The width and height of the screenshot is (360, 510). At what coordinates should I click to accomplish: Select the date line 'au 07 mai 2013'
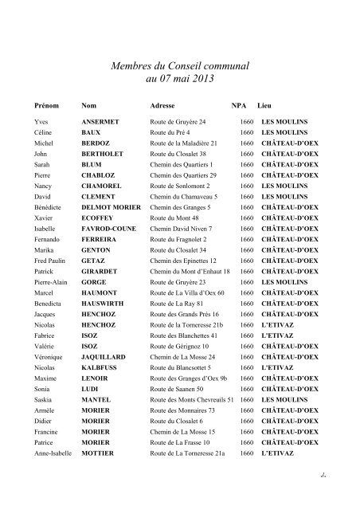tap(179, 80)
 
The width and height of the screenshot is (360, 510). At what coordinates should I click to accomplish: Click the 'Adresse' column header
tap(163, 105)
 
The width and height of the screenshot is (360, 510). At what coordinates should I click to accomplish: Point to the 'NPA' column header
tap(239, 105)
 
